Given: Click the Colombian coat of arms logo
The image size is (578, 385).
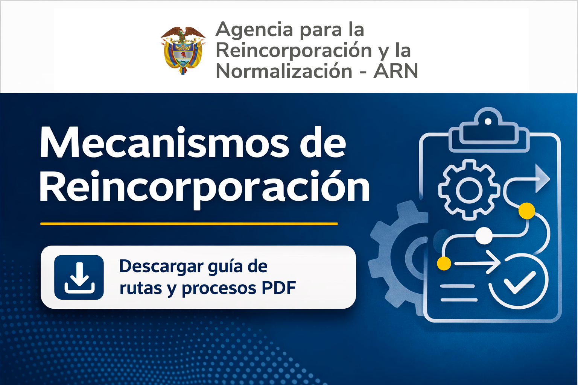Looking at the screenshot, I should coord(183,50).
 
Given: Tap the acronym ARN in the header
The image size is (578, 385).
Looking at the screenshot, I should coord(395,71).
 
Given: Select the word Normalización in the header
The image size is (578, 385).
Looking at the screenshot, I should coord(284,71).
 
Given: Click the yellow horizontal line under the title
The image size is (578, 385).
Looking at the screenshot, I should coord(189,224).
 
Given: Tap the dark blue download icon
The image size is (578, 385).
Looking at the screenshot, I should coord(79,277).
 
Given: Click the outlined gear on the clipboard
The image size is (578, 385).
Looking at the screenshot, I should coord(469,190).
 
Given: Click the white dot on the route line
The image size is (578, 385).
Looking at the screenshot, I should coord(484,236).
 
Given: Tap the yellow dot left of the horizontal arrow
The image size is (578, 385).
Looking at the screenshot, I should coord(444,263).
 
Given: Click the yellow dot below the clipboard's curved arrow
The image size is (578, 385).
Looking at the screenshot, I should coord(526,211).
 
